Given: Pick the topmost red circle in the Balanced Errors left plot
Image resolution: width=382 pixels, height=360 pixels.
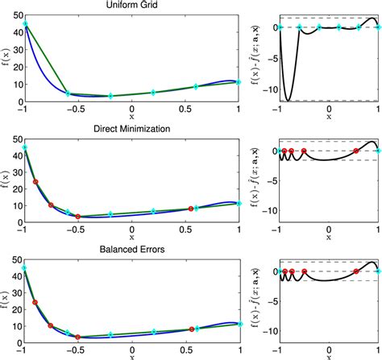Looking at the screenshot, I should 35,302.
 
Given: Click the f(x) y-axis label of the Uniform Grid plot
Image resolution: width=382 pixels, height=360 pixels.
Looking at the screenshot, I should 6,62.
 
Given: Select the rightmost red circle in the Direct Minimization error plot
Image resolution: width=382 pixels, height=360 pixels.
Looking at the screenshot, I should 355,151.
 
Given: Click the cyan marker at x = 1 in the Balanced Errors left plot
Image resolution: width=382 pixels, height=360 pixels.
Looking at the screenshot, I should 239,325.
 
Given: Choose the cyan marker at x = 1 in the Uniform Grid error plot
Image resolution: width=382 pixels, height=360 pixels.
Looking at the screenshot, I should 376,27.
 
